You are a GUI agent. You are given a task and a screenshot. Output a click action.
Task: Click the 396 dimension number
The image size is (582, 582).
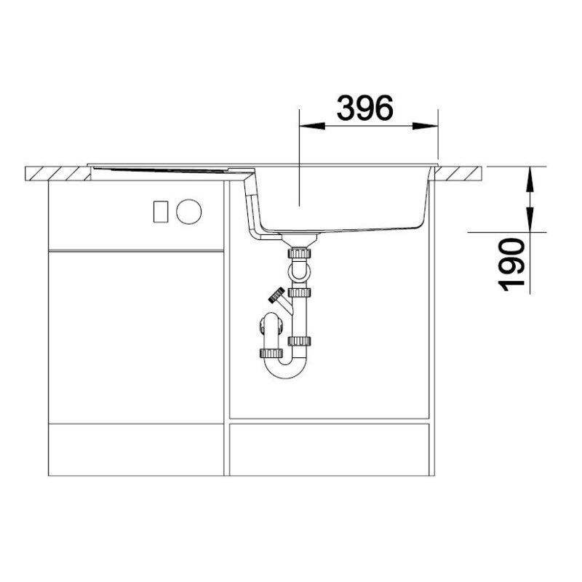pos(364,108)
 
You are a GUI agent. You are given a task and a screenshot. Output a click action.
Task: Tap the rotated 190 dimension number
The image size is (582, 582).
pos(511,264)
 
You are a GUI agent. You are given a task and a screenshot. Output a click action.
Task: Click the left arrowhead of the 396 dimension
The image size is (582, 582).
pos(312,126)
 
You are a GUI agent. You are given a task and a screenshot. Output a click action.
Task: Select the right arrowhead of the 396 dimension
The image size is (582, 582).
pos(425,126)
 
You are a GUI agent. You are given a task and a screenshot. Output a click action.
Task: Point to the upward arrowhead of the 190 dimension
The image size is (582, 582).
pos(530,180)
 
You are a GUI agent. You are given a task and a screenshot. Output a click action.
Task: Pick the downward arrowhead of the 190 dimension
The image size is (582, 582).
pos(530,219)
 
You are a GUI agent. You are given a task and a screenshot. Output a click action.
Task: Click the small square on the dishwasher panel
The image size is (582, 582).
pos(161,212)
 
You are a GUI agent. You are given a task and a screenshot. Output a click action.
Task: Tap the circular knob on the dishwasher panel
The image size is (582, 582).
pos(189,212)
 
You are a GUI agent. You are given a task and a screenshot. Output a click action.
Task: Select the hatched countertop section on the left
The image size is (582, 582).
pos(58,174)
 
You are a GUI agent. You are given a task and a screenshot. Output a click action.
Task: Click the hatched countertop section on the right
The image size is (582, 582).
pos(458,174)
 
